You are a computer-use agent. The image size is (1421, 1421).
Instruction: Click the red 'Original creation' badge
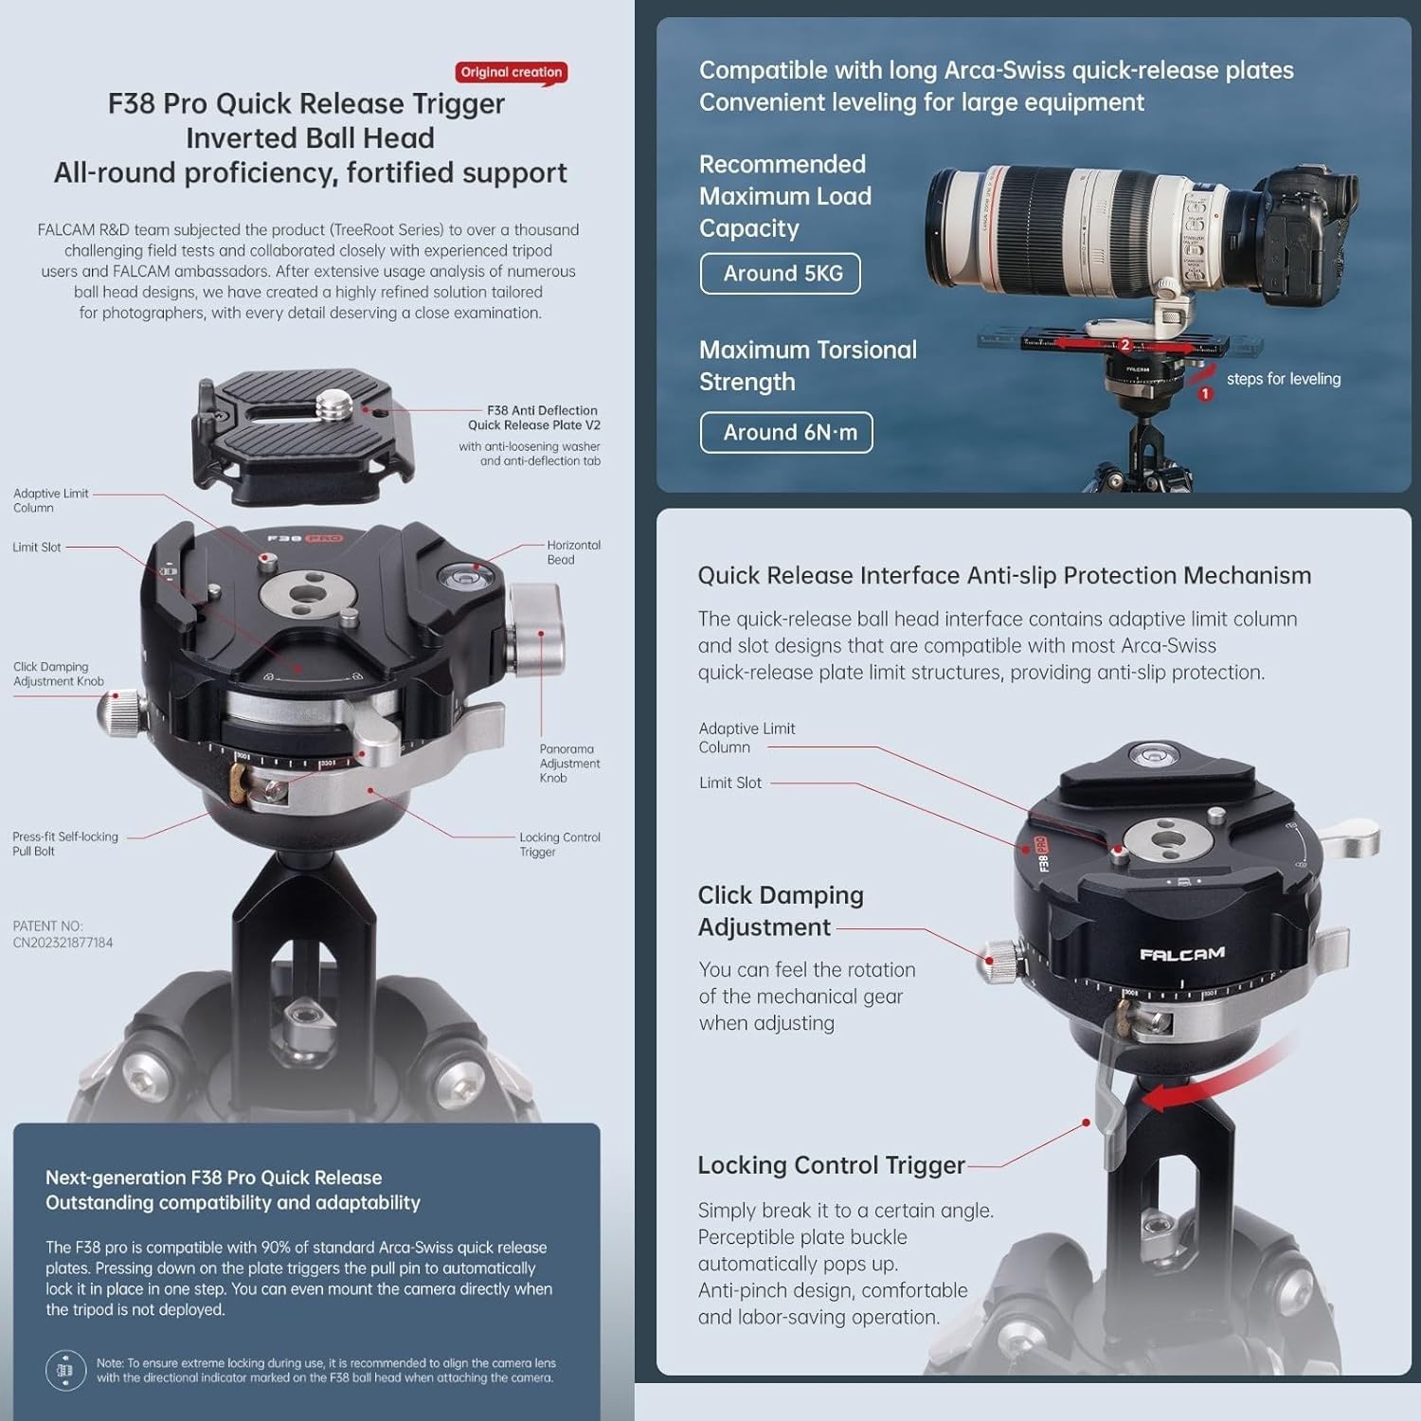pyautogui.click(x=511, y=72)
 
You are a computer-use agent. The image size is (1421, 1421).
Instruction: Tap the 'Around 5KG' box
pyautogui.click(x=782, y=274)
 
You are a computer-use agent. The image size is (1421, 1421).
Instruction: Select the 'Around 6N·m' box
pyautogui.click(x=787, y=433)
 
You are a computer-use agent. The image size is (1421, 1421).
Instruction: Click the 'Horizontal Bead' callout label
pyautogui.click(x=572, y=552)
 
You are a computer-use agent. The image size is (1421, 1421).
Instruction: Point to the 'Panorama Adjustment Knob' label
pyautogui.click(x=568, y=764)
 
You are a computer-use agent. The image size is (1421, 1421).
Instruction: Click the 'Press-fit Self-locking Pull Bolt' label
pyautogui.click(x=64, y=844)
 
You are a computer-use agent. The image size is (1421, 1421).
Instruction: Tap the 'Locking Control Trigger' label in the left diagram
pyautogui.click(x=559, y=845)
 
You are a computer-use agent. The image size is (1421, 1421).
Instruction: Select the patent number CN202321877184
pyautogui.click(x=63, y=943)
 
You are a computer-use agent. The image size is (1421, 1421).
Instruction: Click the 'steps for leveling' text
pyautogui.click(x=1283, y=379)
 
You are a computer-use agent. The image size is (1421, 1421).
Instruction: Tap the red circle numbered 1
pyautogui.click(x=1205, y=393)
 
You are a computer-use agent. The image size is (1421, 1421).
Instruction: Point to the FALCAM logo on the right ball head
pyautogui.click(x=1181, y=954)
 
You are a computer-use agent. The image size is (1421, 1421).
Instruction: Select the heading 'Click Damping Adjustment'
pyautogui.click(x=780, y=911)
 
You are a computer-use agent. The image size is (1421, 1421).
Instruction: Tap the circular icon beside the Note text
pyautogui.click(x=65, y=1371)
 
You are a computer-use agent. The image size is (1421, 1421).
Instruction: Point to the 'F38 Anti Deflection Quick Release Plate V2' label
pyautogui.click(x=533, y=418)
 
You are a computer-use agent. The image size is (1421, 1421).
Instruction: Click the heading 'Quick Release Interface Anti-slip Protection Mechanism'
pyautogui.click(x=1004, y=576)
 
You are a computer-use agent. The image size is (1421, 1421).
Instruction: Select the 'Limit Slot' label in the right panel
pyautogui.click(x=730, y=783)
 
